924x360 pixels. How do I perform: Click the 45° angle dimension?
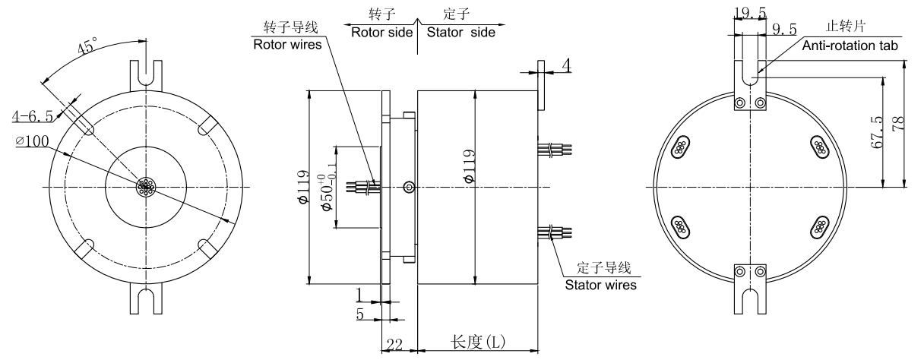click(x=85, y=49)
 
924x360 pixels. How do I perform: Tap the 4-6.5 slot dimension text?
click(x=32, y=116)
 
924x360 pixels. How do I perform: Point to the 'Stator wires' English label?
click(x=600, y=286)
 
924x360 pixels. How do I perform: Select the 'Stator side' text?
click(x=460, y=32)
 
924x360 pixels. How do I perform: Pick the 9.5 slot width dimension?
click(x=784, y=30)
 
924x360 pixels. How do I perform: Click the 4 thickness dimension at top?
click(x=565, y=66)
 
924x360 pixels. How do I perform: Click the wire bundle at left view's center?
click(x=144, y=187)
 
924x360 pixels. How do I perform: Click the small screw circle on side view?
click(x=410, y=186)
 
